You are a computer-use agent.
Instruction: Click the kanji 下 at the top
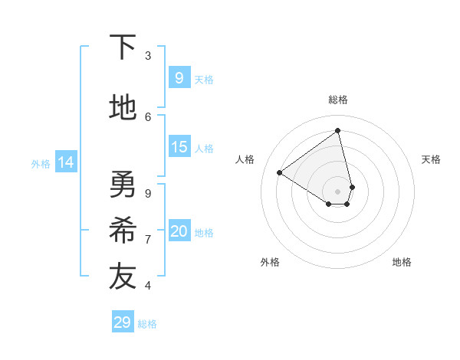[x=123, y=47]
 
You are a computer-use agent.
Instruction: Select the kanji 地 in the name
[x=123, y=108]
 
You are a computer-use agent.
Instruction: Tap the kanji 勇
[x=123, y=184]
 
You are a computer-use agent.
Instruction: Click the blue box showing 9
[x=179, y=78]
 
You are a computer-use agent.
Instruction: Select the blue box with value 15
[x=179, y=147]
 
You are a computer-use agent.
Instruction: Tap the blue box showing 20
[x=179, y=232]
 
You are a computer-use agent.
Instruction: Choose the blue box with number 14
[x=66, y=162]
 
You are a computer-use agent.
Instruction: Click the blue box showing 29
[x=122, y=322]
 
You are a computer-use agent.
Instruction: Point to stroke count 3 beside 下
[x=148, y=55]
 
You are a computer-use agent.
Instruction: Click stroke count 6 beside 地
[x=148, y=116]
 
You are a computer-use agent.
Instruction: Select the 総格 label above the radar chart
[x=338, y=100]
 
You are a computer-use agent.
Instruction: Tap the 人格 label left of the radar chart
[x=245, y=159]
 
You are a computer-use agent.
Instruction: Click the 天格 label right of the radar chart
[x=431, y=159]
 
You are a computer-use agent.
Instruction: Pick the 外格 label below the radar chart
[x=270, y=262]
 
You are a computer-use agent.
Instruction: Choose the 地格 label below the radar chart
[x=402, y=262]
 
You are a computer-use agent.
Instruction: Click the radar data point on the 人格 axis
[x=280, y=173]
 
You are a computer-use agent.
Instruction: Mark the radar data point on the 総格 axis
[x=338, y=131]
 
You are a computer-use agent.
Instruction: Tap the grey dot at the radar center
[x=338, y=191]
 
